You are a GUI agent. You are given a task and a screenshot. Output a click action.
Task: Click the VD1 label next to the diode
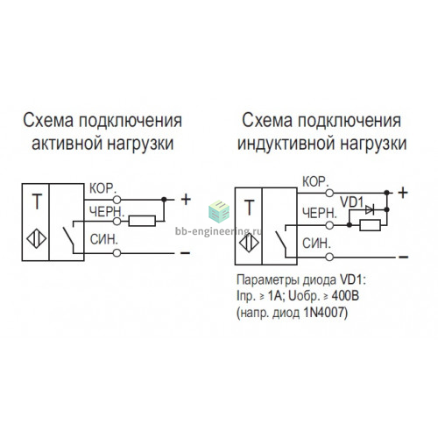tap(351, 202)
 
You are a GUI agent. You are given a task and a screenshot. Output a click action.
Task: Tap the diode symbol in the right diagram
tap(370, 209)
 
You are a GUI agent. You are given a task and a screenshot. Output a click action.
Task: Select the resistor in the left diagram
tap(142, 221)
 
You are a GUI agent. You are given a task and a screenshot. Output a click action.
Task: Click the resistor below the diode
tap(370, 225)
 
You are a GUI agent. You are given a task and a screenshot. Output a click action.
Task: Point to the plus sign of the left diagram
tap(186, 200)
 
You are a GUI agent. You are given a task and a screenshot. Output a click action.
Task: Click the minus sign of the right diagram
tap(403, 257)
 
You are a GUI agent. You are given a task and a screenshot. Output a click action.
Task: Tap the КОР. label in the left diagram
tap(102, 188)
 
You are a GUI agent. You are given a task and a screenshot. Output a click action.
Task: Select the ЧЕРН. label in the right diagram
tap(320, 213)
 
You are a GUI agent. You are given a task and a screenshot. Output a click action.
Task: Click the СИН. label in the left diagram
tap(104, 239)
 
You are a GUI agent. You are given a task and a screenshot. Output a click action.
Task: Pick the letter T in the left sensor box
tap(37, 201)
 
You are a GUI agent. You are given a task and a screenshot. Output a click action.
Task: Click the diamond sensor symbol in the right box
tap(249, 243)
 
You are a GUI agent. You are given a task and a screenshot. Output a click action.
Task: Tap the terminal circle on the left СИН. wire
tap(117, 253)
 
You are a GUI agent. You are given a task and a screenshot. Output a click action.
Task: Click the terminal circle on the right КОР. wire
tap(329, 193)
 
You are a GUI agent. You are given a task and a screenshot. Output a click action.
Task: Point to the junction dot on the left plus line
tap(164, 200)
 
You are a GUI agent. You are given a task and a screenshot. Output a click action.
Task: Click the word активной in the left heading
tap(67, 144)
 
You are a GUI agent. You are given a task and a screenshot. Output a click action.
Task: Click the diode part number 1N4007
tap(324, 313)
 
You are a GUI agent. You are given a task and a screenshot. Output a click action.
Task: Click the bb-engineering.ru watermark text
tap(218, 231)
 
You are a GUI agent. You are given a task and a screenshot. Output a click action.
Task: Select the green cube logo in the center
tap(219, 211)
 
